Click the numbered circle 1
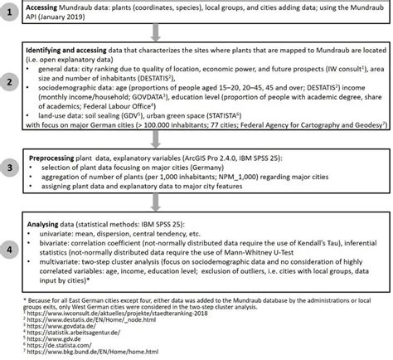pos(17,17)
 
